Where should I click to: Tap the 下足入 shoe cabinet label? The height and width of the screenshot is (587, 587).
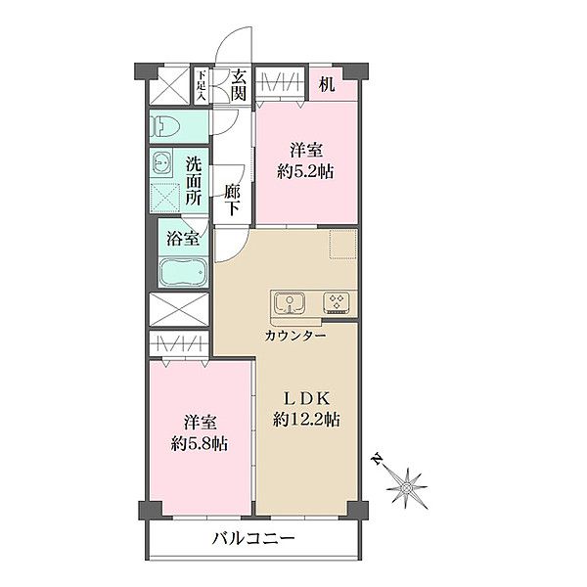click(x=202, y=85)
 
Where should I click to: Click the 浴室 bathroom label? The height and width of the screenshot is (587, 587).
click(x=182, y=238)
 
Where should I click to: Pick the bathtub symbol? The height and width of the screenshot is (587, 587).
click(x=183, y=272)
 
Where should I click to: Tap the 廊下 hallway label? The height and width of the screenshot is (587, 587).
click(x=232, y=201)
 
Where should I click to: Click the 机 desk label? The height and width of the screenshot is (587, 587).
click(x=326, y=84)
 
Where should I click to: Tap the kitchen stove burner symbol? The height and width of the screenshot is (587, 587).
click(x=337, y=302)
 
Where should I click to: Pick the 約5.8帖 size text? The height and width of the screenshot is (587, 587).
click(x=202, y=444)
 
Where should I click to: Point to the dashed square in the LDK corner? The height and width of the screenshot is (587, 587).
click(x=343, y=245)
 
